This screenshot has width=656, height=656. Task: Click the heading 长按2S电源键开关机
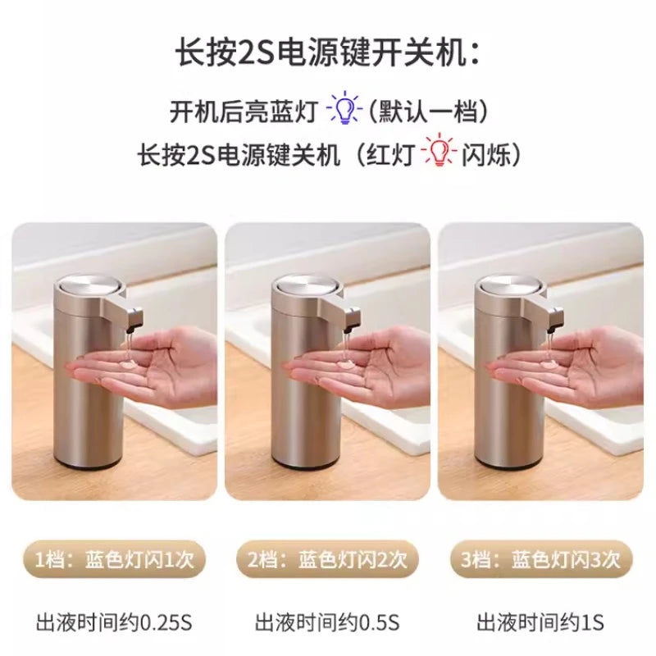coord(327,53)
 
